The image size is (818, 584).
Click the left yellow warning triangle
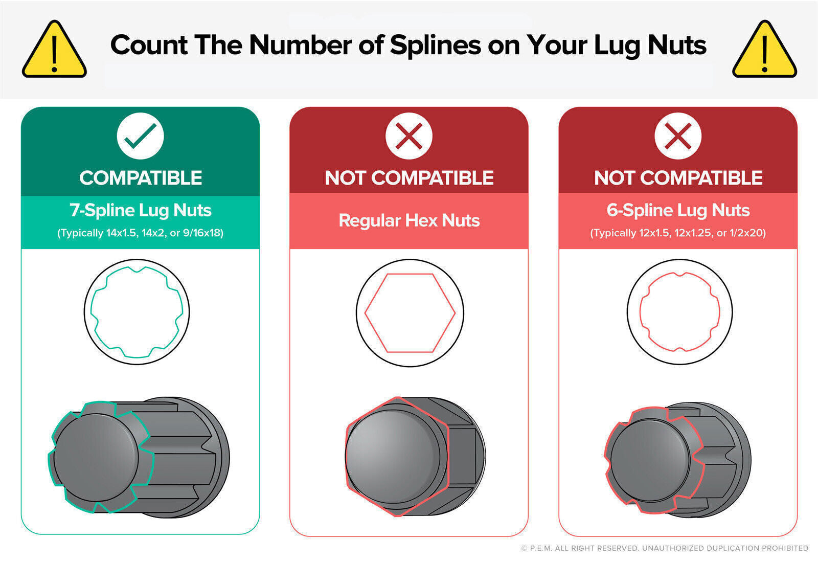pyautogui.click(x=54, y=49)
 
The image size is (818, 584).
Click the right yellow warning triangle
pyautogui.click(x=764, y=49)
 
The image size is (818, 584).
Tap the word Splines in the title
pyautogui.click(x=436, y=46)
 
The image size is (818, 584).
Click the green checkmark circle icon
pyautogui.click(x=140, y=136)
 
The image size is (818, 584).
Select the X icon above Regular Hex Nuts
pyautogui.click(x=409, y=136)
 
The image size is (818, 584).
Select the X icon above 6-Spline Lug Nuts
pyautogui.click(x=678, y=136)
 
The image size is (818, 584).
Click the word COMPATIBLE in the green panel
pyautogui.click(x=141, y=178)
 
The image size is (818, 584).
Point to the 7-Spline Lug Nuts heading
pyautogui.click(x=141, y=210)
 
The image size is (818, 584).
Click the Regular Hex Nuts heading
pyautogui.click(x=409, y=220)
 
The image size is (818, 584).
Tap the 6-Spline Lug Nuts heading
pyautogui.click(x=678, y=210)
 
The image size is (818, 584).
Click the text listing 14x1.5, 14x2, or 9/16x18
pyautogui.click(x=140, y=233)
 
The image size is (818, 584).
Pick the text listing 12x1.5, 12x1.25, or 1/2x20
pyautogui.click(x=678, y=233)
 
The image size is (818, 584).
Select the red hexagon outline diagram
pyautogui.click(x=365, y=313)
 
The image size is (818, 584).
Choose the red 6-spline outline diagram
pyautogui.click(x=640, y=312)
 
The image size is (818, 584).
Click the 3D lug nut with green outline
pyautogui.click(x=139, y=457)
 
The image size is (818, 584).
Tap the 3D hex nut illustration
pyautogui.click(x=416, y=457)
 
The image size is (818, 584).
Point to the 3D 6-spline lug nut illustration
pyautogui.click(x=678, y=460)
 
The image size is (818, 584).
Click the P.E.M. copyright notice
pyautogui.click(x=665, y=548)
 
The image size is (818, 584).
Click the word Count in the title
pyautogui.click(x=149, y=46)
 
